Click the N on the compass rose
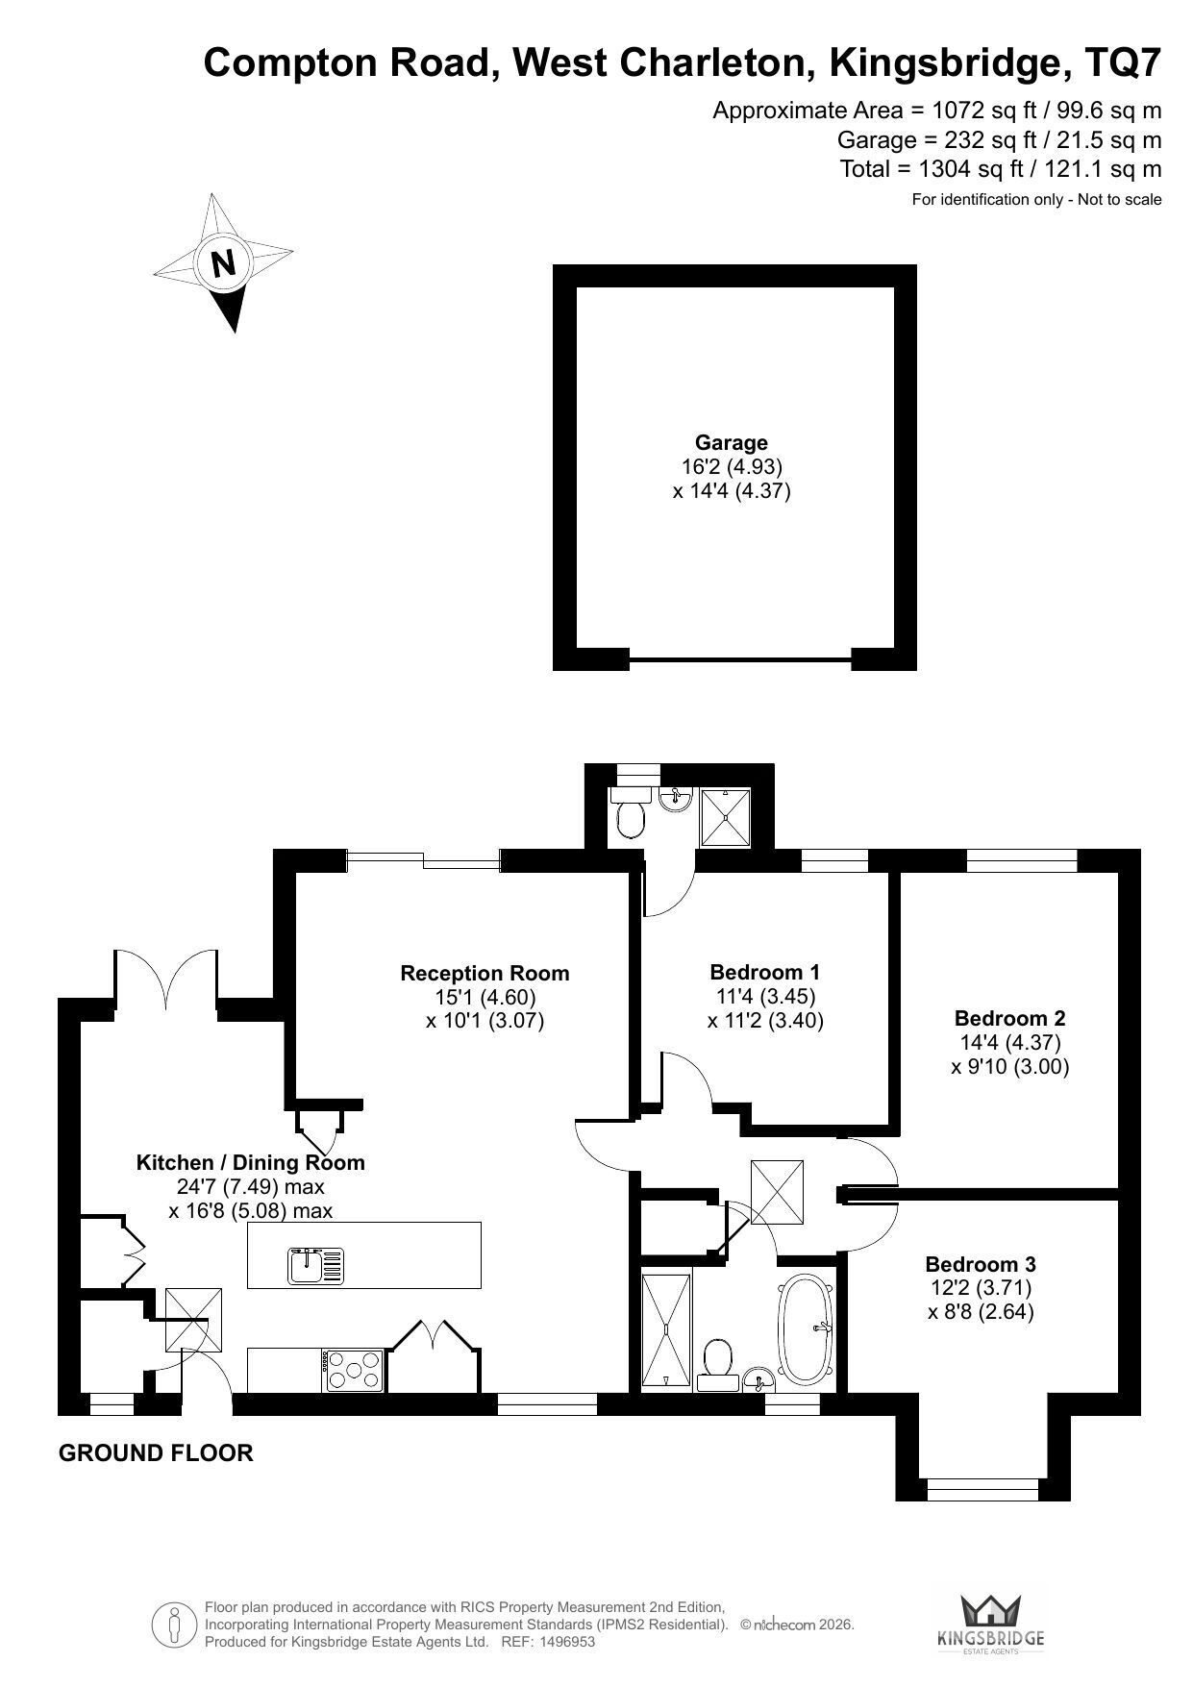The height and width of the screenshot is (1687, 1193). [223, 261]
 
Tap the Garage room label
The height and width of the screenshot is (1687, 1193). [732, 443]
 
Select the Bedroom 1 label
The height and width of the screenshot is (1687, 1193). [764, 972]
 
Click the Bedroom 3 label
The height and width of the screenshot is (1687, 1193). [981, 1264]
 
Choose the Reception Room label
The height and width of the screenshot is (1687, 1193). [485, 973]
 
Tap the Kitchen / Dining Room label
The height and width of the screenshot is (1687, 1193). [251, 1162]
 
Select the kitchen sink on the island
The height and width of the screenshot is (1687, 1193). [315, 1265]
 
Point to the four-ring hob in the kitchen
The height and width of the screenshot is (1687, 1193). [355, 1370]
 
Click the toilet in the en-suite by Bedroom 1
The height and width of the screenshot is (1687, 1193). [631, 814]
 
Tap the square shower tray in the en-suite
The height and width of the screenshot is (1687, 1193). [725, 818]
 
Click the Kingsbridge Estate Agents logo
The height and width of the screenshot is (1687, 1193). [990, 1624]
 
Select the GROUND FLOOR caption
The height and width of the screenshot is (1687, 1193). [156, 1452]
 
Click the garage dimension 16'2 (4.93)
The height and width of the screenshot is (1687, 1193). [732, 467]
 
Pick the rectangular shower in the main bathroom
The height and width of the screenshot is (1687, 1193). [666, 1329]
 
